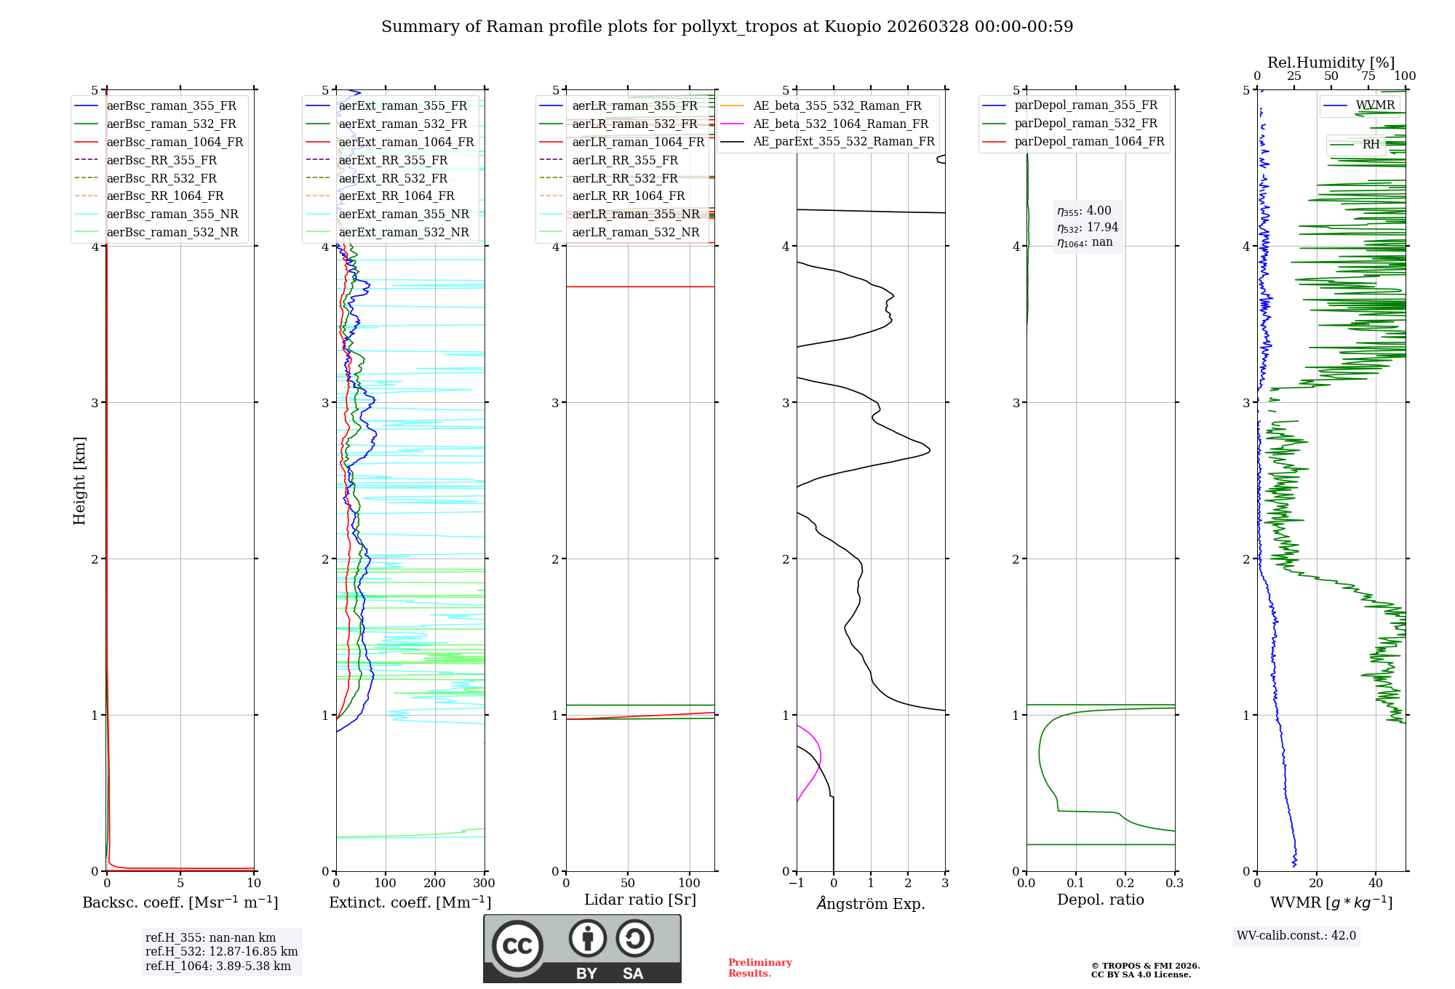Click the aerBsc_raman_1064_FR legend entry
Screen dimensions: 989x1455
[175, 143]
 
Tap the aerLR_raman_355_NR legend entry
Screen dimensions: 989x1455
[635, 215]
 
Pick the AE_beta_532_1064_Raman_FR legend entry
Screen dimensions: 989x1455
[840, 124]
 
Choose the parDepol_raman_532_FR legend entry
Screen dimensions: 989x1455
[1085, 124]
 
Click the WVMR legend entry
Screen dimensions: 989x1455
[1375, 105]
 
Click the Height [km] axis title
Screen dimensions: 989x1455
[79, 481]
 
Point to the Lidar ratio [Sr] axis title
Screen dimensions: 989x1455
[640, 900]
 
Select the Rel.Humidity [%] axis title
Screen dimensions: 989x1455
[1331, 63]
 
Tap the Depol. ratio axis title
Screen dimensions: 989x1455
[1100, 900]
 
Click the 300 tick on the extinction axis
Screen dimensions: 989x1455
[484, 884]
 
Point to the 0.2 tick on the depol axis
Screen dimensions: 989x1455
[1125, 884]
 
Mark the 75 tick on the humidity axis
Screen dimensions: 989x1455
[1368, 76]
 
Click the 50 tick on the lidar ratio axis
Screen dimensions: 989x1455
[628, 884]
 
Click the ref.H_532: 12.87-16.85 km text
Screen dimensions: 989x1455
[221, 952]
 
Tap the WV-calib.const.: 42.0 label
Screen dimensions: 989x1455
[1296, 936]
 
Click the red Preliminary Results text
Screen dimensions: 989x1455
[760, 968]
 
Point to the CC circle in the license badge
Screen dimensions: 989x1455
[517, 945]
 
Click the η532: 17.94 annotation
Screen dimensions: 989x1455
[1088, 228]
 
